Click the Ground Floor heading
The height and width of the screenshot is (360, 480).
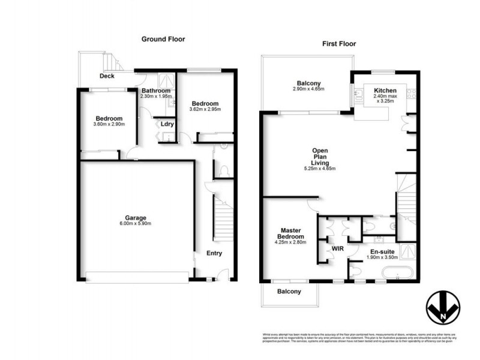163,39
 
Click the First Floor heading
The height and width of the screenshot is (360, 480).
340,44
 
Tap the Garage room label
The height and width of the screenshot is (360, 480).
136,217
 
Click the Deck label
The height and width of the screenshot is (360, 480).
107,76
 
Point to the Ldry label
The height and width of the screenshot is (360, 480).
167,124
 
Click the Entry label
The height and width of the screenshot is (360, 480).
214,253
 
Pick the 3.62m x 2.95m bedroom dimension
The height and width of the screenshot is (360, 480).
206,110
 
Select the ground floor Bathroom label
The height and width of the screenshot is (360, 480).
156,90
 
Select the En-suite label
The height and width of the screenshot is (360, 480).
382,251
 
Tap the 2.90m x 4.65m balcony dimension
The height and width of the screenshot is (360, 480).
309,89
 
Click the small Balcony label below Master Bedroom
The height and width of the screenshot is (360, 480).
289,292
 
